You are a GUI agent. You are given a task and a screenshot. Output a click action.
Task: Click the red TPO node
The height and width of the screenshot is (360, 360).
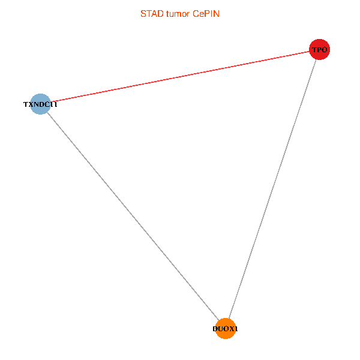point(319,49)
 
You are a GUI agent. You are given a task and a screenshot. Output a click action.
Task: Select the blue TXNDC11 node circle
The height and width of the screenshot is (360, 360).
point(40,104)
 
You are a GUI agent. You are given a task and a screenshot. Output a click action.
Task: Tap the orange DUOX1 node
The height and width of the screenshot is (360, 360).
point(225,328)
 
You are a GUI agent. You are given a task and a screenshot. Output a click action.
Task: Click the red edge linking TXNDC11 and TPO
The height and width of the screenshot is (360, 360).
point(180,77)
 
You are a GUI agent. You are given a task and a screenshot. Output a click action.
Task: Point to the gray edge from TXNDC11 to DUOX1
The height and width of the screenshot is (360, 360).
point(132,216)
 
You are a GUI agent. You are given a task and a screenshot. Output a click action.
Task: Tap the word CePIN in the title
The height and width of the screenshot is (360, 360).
point(206,13)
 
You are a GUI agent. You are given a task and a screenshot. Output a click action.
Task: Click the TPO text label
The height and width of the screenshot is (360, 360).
point(319,50)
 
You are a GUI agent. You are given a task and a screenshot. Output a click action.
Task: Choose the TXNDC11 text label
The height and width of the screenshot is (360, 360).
point(40,104)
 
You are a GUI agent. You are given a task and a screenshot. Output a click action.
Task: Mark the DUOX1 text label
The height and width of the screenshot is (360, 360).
point(225,329)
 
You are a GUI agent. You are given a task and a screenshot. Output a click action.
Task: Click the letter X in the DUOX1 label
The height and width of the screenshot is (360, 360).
point(232,329)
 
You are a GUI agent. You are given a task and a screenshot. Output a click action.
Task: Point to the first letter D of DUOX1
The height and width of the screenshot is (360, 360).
point(215,329)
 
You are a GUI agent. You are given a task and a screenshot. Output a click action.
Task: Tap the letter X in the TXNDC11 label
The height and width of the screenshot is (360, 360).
point(31,104)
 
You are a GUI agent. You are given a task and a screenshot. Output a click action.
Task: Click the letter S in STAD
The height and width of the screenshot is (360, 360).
point(143,13)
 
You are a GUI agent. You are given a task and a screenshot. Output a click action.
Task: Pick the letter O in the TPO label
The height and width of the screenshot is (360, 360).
point(325,50)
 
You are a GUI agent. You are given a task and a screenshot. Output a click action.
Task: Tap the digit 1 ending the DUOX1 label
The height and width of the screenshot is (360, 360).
point(236,329)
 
